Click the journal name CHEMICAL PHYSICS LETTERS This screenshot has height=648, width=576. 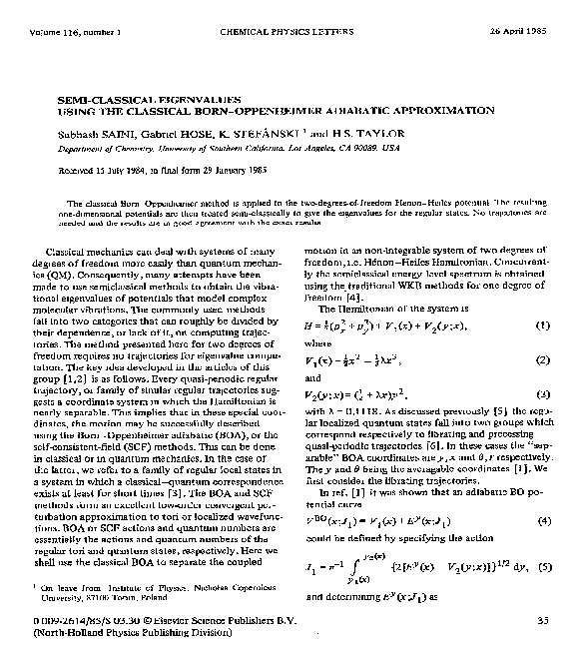[288, 9]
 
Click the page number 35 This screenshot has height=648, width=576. [542, 621]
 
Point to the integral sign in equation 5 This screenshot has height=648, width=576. [375, 569]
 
